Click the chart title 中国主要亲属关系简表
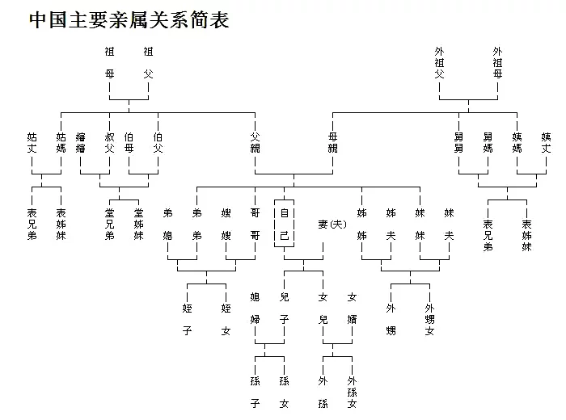point(129,20)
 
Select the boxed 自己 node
point(284,224)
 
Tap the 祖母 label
point(110,63)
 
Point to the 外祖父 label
point(439,63)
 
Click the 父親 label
point(256,142)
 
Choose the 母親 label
point(333,142)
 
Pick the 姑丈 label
point(32,142)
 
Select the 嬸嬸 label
point(81,142)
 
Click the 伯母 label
point(129,142)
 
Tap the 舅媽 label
point(488,142)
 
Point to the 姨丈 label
point(546,142)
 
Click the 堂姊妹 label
point(138,225)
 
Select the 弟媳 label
point(168,225)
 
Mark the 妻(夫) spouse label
point(332,225)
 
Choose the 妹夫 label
point(449,225)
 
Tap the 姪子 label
point(187,319)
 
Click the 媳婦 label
point(256,309)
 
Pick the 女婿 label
point(352,309)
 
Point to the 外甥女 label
point(429,319)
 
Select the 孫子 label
point(256,392)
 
